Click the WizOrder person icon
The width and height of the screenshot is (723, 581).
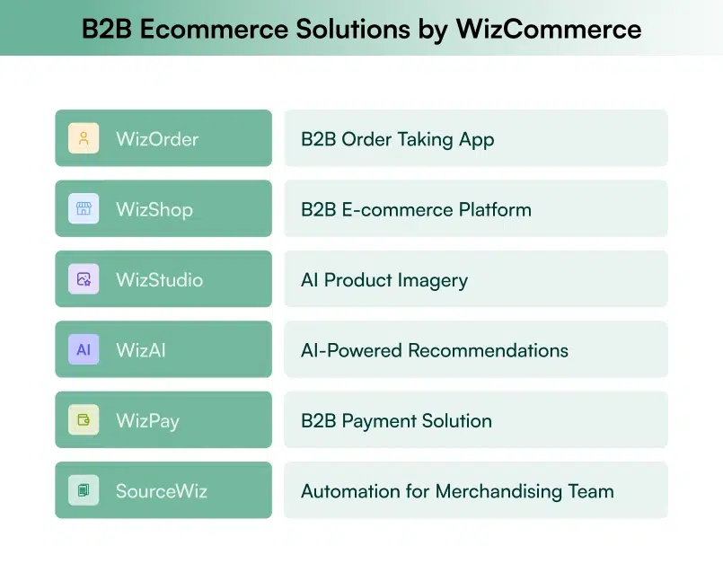tap(84, 138)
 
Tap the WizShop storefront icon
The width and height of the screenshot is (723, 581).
tap(84, 208)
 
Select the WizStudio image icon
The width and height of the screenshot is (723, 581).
tap(84, 279)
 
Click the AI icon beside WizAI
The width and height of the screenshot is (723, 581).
tap(84, 349)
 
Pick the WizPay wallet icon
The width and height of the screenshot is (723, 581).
tap(84, 419)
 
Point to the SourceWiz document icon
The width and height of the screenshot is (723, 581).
tap(84, 490)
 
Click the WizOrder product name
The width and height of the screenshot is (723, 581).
tap(157, 139)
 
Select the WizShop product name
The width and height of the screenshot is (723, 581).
tap(154, 209)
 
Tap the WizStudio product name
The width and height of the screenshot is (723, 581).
tap(159, 279)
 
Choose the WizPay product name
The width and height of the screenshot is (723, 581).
tap(147, 420)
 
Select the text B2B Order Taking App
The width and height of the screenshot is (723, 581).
tap(397, 139)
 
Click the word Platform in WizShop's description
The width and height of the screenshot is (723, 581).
tap(493, 209)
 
